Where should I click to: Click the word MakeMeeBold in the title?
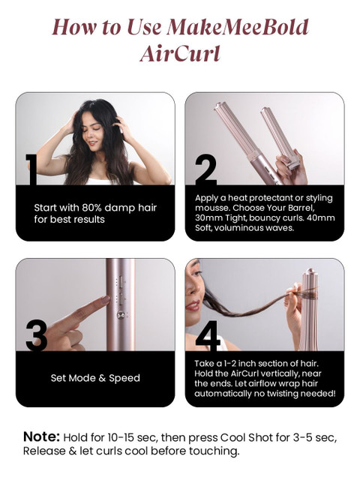pos(238,27)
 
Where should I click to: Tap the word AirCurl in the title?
pos(180,53)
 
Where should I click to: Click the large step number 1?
pos(31,169)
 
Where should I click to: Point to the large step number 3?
pos(37,335)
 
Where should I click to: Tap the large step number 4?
pos(208,335)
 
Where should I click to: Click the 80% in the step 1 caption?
pos(91,208)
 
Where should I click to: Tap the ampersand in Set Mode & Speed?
pos(102,378)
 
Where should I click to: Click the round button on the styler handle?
pos(121,314)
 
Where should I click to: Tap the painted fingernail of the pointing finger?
pos(106,299)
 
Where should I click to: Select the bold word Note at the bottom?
pos(41,436)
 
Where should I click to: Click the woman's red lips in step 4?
pos(193,305)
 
